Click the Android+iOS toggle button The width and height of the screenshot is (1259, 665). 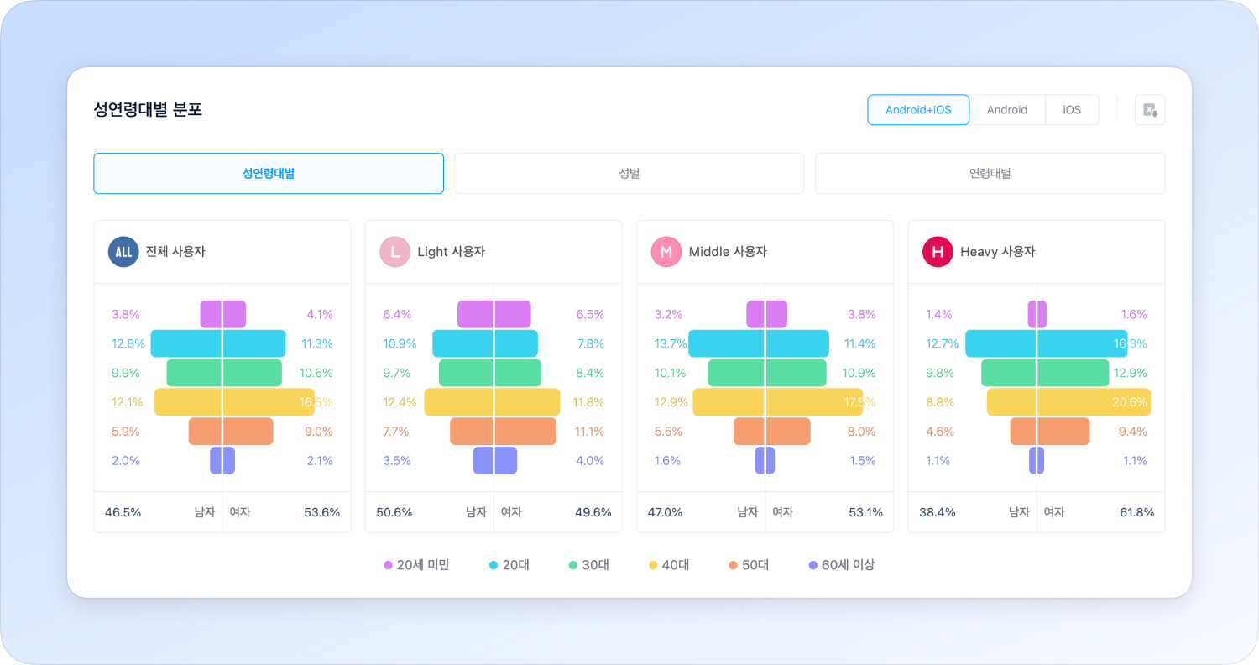pos(918,110)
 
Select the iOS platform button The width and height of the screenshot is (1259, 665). pos(1072,110)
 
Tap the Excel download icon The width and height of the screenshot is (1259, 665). pos(1150,110)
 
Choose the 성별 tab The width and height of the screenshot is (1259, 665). pos(629,174)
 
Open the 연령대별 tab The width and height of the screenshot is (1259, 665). pos(990,174)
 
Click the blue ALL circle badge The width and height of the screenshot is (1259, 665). pos(123,252)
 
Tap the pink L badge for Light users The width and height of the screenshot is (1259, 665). pos(394,252)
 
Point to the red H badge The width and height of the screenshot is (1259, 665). pos(938,252)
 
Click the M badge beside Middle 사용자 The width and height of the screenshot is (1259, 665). pos(666,252)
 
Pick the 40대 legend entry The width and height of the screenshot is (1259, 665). pos(669,565)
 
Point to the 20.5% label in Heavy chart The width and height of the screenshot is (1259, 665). pos(1129,402)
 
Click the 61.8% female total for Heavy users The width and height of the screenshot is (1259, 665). pos(1136,512)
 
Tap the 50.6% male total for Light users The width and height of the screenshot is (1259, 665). pos(394,512)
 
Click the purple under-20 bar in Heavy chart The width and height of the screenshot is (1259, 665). pos(1037,314)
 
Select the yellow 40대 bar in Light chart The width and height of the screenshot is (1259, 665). pos(492,402)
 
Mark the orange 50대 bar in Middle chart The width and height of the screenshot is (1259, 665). pos(772,432)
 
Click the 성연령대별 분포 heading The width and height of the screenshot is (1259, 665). pos(148,110)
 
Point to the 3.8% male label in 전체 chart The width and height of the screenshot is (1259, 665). pos(126,315)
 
